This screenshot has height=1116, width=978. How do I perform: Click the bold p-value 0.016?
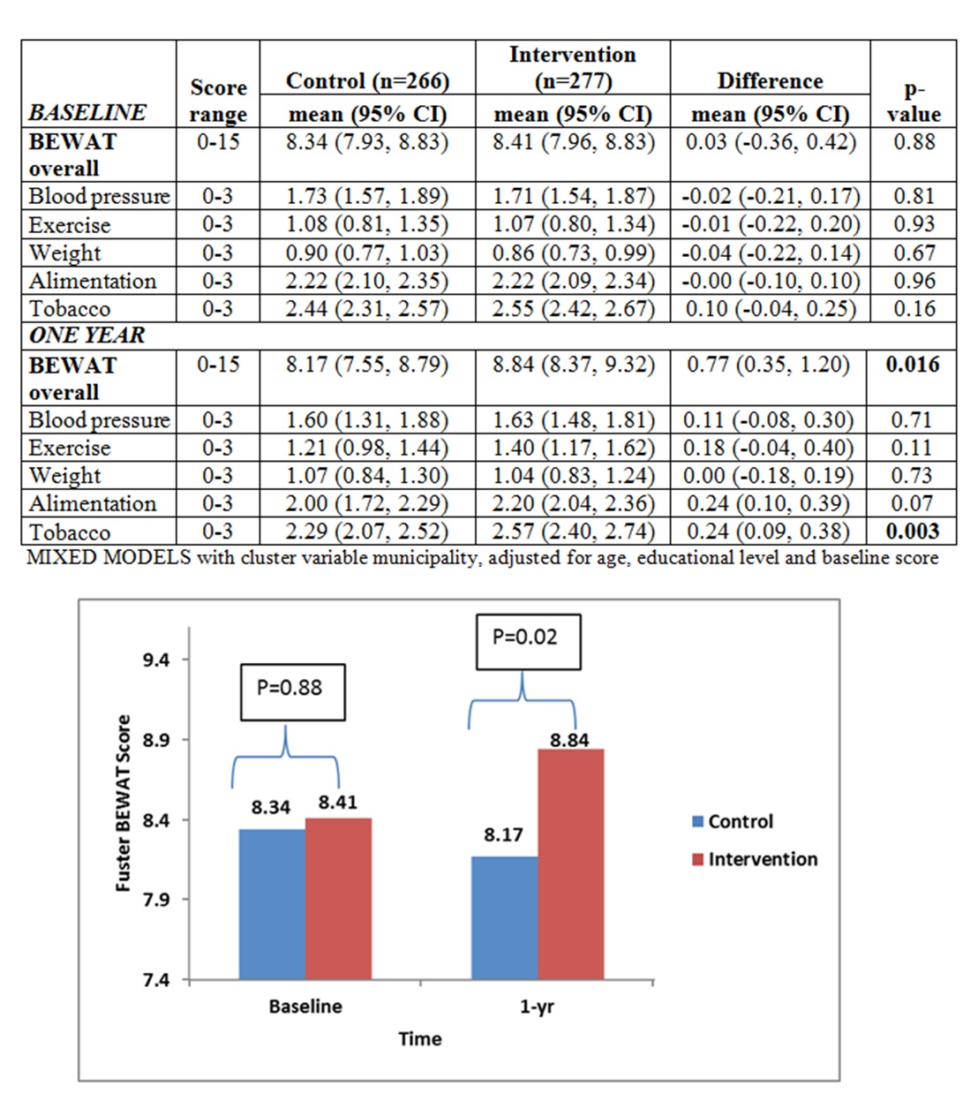click(x=913, y=365)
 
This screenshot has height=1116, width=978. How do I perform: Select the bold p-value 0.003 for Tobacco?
click(x=913, y=532)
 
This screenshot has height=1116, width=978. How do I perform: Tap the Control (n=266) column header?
click(x=367, y=81)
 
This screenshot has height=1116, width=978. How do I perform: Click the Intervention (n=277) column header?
click(x=573, y=68)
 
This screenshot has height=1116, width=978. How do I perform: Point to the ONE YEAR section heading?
click(x=87, y=335)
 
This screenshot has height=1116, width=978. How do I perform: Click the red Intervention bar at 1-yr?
click(x=570, y=864)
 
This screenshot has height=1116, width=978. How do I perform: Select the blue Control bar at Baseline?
click(x=272, y=904)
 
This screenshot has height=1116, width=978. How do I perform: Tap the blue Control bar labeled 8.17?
click(x=504, y=918)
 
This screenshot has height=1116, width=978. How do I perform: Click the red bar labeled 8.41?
click(x=338, y=899)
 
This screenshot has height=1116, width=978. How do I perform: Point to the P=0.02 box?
click(x=528, y=642)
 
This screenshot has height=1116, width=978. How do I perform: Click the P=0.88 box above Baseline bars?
click(x=292, y=692)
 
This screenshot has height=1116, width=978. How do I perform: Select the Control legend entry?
click(x=733, y=821)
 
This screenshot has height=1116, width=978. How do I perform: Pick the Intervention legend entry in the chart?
click(x=755, y=859)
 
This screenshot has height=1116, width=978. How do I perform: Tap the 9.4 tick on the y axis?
click(x=156, y=660)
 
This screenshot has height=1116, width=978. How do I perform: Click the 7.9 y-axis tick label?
click(x=156, y=900)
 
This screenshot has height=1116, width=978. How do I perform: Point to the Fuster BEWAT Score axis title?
click(x=123, y=803)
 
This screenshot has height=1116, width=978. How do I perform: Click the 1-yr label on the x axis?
click(x=537, y=1007)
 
